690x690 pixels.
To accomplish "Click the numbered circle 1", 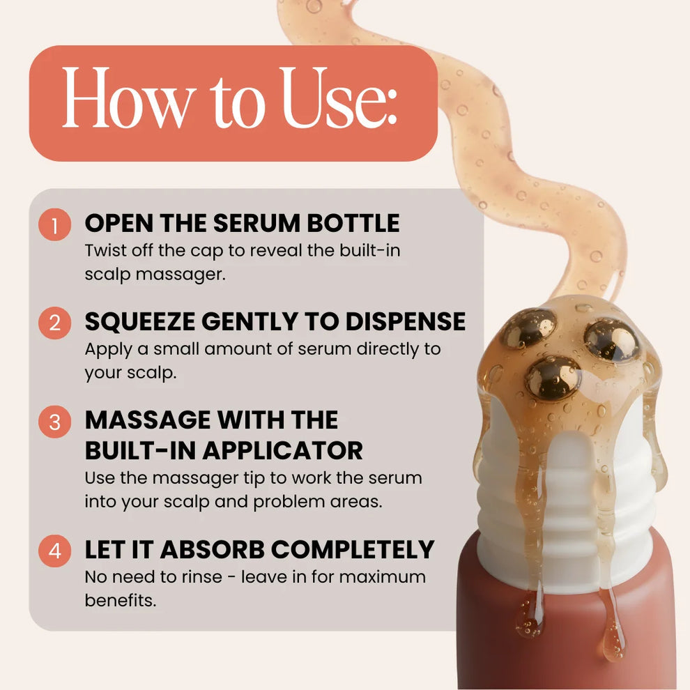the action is pyautogui.click(x=54, y=224).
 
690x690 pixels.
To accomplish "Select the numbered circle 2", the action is pyautogui.click(x=54, y=323).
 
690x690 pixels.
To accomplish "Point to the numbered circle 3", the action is pyautogui.click(x=54, y=422).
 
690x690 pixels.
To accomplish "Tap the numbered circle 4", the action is pyautogui.click(x=54, y=551).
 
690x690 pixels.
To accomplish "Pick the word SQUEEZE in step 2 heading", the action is pyautogui.click(x=140, y=322).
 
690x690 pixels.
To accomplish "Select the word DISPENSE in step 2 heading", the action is pyautogui.click(x=405, y=322).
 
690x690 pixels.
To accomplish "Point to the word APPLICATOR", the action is pyautogui.click(x=282, y=451).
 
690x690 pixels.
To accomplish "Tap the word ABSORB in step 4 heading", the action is pyautogui.click(x=212, y=550).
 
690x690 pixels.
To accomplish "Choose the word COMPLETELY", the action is pyautogui.click(x=353, y=550).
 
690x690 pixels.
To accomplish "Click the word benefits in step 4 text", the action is pyautogui.click(x=121, y=600).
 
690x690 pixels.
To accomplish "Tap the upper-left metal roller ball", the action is pyautogui.click(x=530, y=328).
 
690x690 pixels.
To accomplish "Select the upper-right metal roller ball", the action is pyautogui.click(x=611, y=340).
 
